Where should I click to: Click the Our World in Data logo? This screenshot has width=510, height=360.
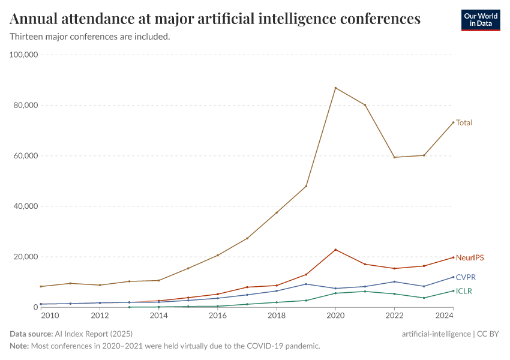click(x=480, y=20)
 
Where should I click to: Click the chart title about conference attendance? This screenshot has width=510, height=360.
click(x=215, y=19)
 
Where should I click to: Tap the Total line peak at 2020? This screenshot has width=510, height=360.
click(x=335, y=88)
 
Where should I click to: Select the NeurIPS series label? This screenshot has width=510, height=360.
click(x=469, y=257)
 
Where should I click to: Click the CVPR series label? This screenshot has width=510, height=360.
click(x=466, y=277)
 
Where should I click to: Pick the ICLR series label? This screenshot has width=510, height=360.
click(x=464, y=291)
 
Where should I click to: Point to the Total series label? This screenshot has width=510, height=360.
click(x=464, y=122)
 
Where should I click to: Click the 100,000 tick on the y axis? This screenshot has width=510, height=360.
click(x=24, y=55)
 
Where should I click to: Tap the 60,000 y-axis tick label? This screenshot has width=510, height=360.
click(x=26, y=156)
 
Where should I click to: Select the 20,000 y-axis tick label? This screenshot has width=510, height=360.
click(x=26, y=257)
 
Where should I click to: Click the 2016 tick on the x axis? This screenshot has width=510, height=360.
click(x=218, y=316)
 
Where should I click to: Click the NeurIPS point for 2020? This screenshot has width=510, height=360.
click(x=335, y=250)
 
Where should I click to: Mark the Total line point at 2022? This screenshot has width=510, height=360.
click(x=394, y=157)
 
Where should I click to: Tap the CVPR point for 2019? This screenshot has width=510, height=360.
click(x=306, y=284)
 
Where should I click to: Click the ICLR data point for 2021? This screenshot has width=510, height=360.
click(x=365, y=291)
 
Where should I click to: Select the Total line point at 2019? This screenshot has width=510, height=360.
click(x=306, y=186)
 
